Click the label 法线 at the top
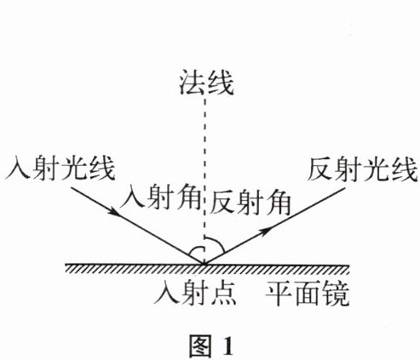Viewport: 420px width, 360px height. [x=206, y=83]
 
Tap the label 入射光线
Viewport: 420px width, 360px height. [x=60, y=169]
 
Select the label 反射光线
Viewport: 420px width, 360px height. [x=363, y=169]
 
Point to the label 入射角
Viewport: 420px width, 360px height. [x=161, y=197]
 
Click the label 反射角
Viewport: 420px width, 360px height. [x=250, y=203]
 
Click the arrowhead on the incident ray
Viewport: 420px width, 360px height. [x=114, y=211]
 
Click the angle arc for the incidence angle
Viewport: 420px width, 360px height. [x=196, y=249]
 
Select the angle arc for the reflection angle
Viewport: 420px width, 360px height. [x=217, y=242]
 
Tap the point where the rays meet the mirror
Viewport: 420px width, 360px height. [x=204, y=264]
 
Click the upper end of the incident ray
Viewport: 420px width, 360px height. [x=71, y=187]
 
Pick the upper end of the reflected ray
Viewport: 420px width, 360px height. [x=344, y=187]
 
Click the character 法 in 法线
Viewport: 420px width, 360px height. [x=192, y=83]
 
